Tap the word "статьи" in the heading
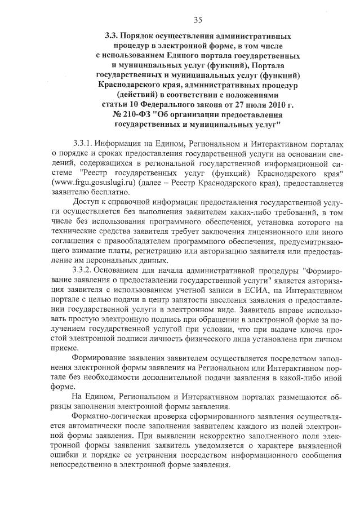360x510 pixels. click(x=114, y=104)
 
